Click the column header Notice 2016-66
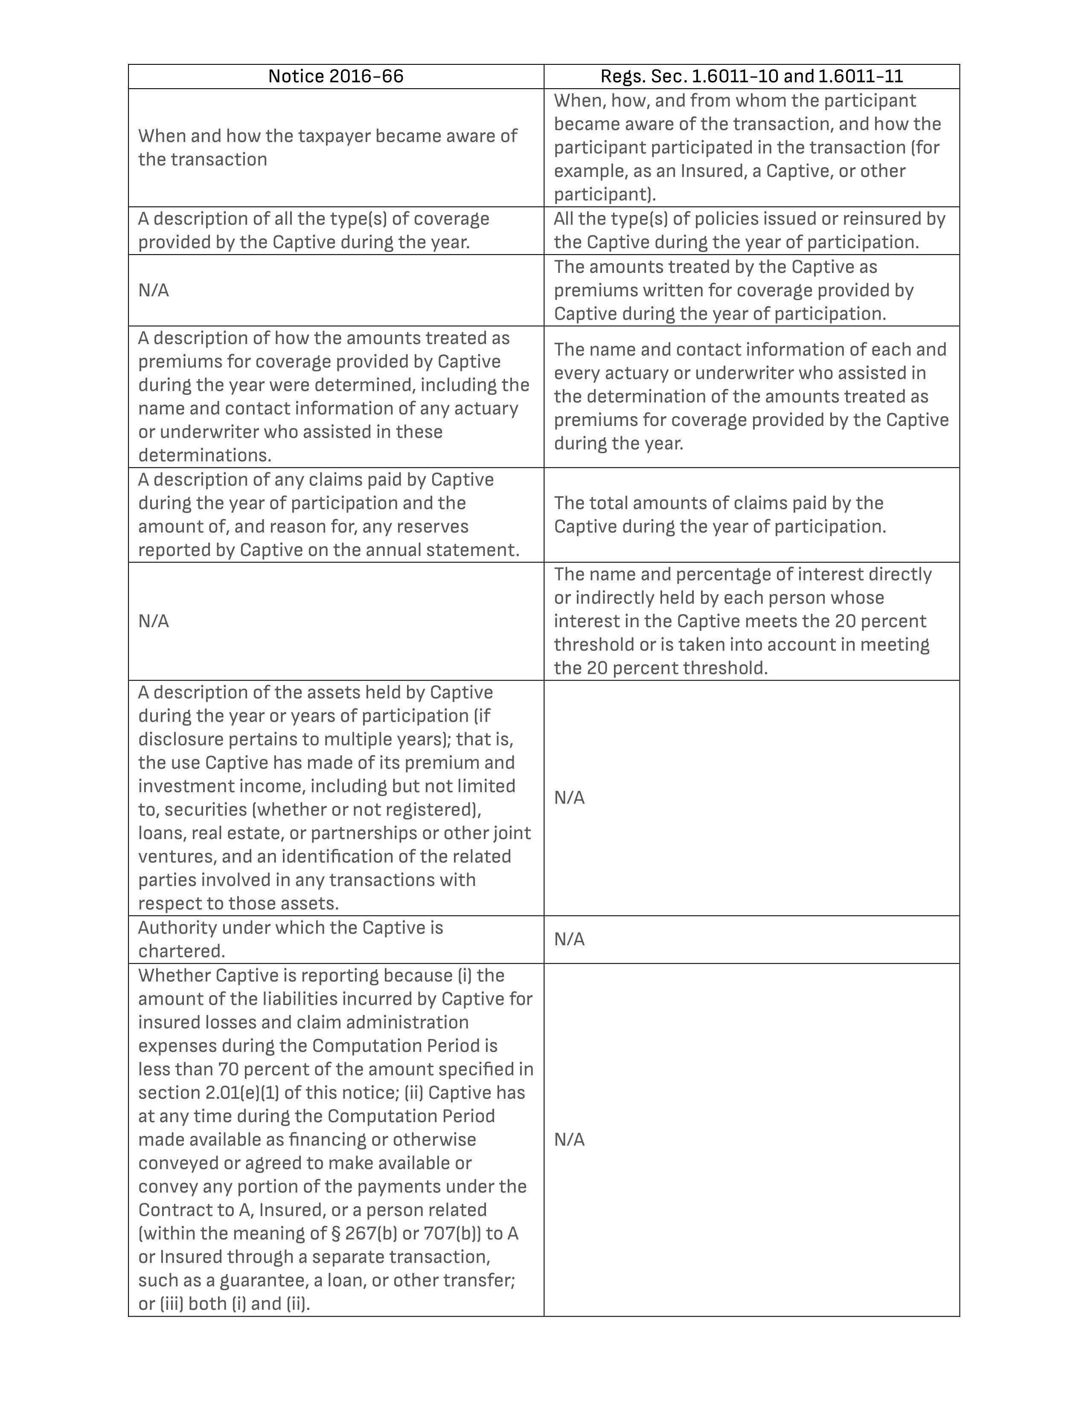point(336,76)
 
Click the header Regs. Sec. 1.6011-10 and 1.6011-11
point(751,76)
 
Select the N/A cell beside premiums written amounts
point(154,290)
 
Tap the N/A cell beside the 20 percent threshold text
point(154,621)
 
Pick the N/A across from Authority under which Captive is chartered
point(569,939)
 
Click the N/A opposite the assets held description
point(569,798)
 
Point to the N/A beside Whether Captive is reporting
point(569,1140)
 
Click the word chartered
point(181,951)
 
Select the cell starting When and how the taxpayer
point(327,148)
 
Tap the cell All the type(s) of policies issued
point(749,230)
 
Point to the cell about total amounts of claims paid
point(719,515)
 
